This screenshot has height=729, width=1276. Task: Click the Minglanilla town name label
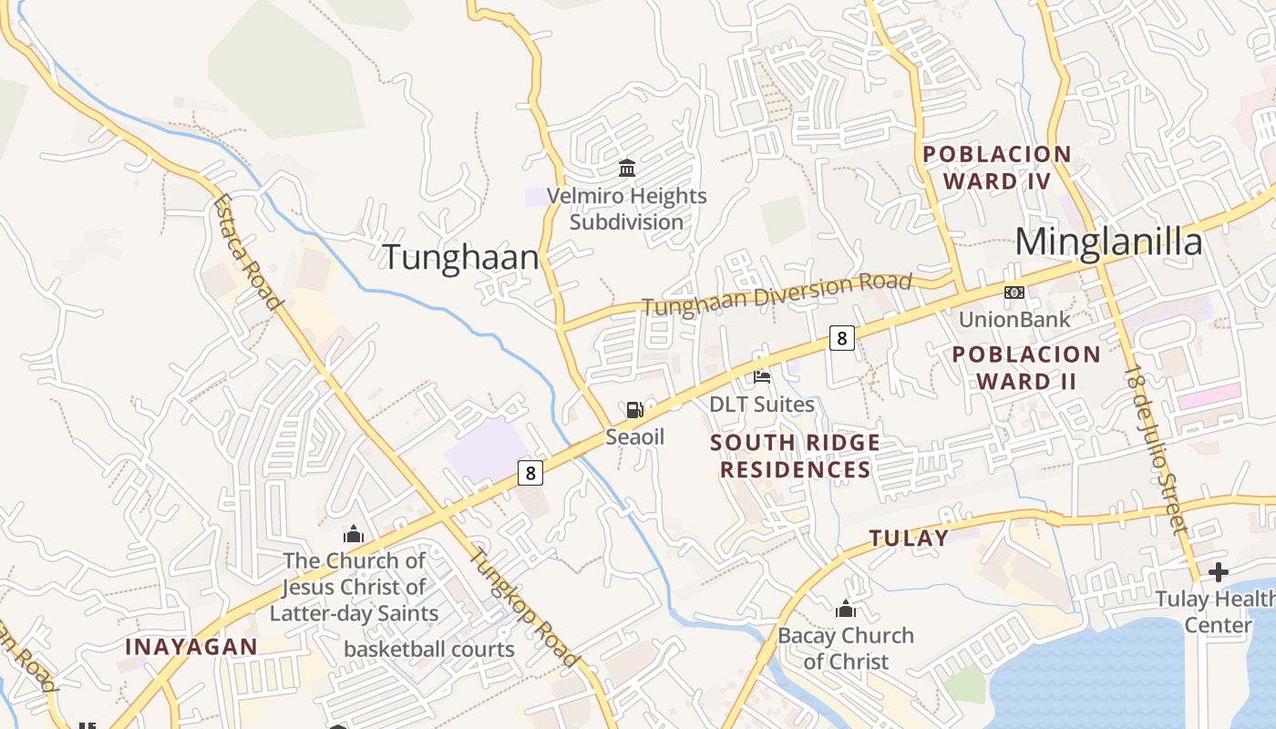1108,242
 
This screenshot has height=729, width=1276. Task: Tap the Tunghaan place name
460,257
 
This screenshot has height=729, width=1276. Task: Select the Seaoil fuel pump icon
635,411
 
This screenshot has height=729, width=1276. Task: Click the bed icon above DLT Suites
762,375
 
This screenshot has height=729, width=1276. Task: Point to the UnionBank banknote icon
1014,293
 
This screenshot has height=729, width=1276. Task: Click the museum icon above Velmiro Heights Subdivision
627,168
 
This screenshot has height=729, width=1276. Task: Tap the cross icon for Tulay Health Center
1218,572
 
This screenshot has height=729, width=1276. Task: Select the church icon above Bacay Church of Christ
846,608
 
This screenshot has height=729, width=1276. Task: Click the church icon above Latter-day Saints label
354,534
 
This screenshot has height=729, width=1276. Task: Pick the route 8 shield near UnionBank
841,338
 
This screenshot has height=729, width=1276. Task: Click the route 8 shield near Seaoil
530,473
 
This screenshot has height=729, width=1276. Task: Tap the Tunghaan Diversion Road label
777,294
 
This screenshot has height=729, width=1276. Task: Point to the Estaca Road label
245,252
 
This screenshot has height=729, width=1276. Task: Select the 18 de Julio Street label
1156,448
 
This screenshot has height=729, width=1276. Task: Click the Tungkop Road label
523,606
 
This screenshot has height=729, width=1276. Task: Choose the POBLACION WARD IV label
996,167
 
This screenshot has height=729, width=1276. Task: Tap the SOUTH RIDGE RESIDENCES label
795,456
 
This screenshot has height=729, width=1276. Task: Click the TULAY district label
909,538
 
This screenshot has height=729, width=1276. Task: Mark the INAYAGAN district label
191,647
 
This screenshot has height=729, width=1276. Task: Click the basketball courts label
429,650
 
